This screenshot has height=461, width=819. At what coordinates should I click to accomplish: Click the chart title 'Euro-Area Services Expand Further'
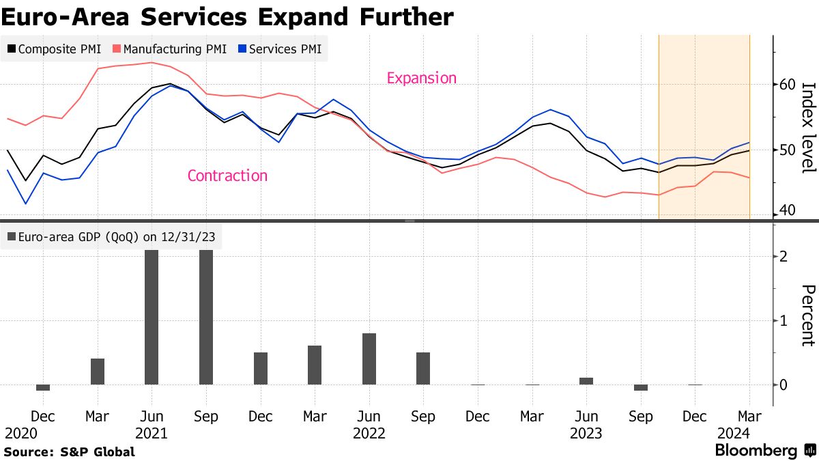coord(227,16)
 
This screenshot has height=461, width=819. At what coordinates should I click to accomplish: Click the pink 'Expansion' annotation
coord(421,78)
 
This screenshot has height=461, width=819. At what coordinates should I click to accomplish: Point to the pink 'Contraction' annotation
coord(227,176)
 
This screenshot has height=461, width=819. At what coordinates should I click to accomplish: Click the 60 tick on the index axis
coord(787,85)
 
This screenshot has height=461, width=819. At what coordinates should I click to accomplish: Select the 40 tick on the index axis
coord(787,210)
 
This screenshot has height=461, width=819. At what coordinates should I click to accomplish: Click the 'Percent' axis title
coord(808,316)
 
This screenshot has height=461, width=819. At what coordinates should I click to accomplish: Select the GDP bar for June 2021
coord(152,317)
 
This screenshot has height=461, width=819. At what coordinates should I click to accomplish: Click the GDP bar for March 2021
coord(98,372)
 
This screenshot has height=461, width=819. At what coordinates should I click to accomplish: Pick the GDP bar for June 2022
coord(369,359)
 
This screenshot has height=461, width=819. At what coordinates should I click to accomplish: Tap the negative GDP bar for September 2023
coord(640,388)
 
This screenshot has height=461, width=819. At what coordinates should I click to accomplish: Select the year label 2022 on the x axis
coord(369,433)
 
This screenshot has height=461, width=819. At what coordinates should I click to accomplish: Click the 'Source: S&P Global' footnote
coord(69,451)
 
